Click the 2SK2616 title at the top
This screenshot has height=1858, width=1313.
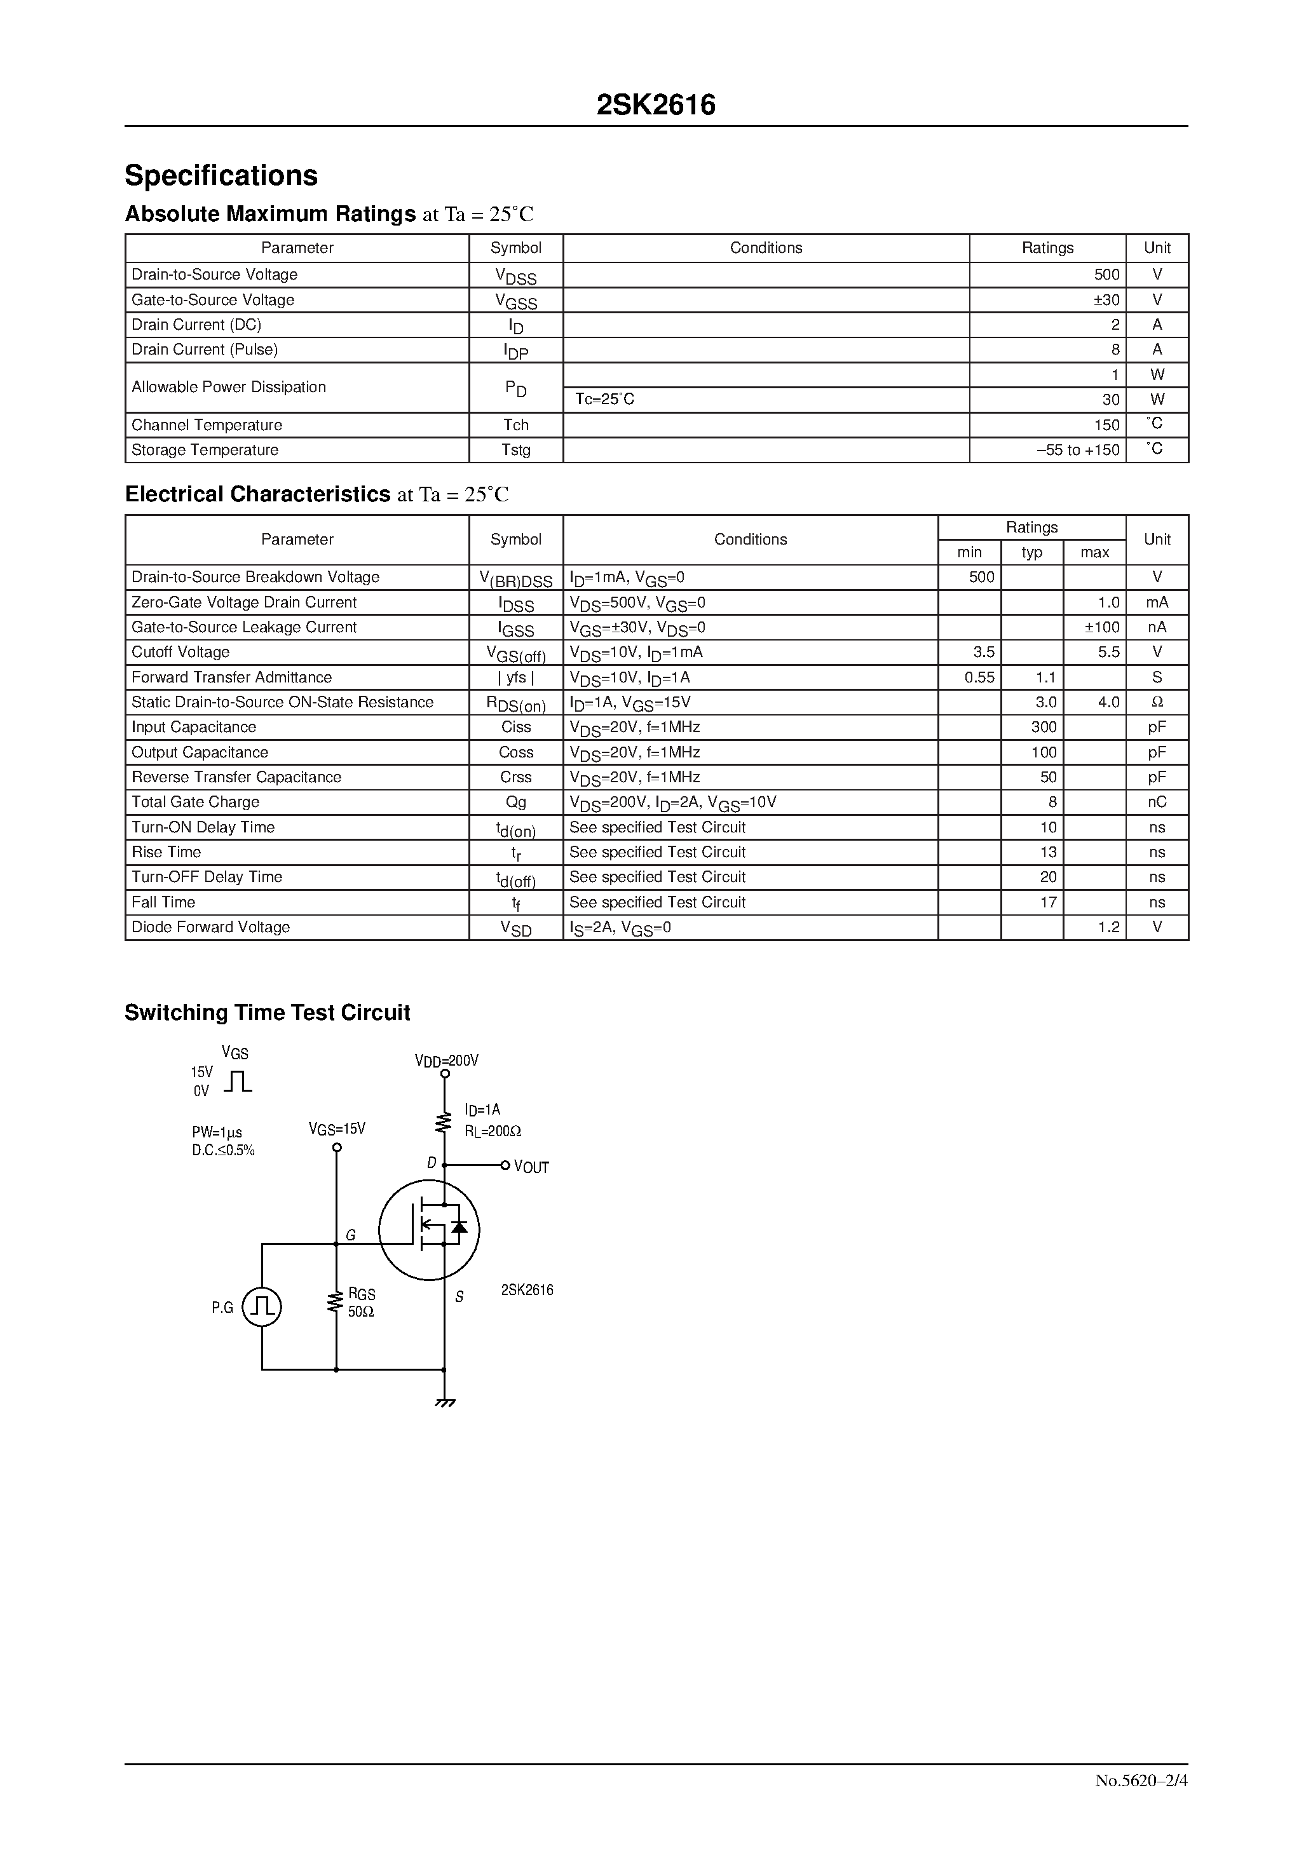656,105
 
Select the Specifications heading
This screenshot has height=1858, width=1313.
221,175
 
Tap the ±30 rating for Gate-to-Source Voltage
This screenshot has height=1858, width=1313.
1106,300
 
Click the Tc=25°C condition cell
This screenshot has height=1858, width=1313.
604,400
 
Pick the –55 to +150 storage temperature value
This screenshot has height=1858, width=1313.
1078,450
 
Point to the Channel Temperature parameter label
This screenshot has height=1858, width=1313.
207,425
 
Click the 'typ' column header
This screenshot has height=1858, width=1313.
1031,553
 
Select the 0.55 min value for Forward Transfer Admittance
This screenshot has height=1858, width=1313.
979,677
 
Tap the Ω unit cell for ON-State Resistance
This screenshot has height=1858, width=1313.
1157,702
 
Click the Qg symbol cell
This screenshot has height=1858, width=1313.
515,802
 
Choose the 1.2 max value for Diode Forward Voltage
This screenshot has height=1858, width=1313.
1108,927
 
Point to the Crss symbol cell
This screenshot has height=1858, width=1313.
515,777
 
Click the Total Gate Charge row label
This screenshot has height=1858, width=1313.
196,802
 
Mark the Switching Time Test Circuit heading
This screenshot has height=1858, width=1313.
267,1012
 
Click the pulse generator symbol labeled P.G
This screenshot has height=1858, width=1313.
262,1307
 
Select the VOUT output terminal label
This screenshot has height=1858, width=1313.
531,1167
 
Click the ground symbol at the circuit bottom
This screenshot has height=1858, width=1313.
444,1402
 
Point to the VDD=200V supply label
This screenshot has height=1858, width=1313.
446,1060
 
